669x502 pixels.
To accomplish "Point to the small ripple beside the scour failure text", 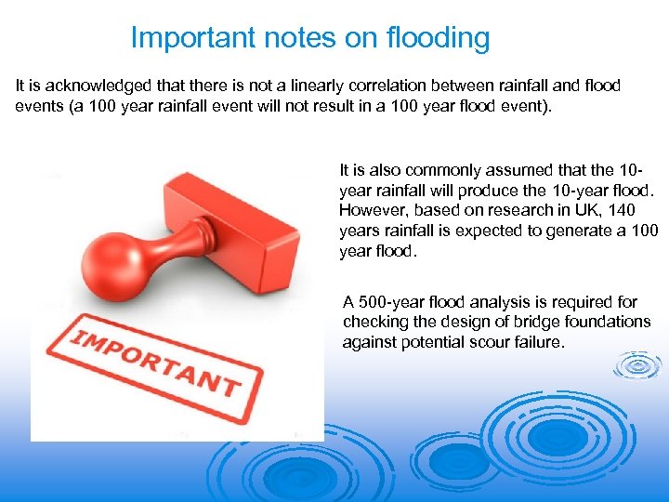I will click(638, 365).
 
